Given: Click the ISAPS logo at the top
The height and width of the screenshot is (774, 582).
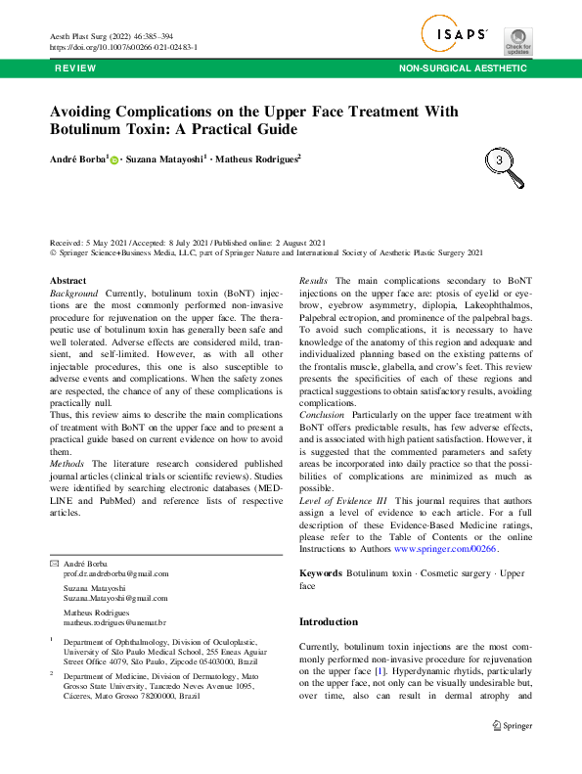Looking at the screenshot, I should point(456,34).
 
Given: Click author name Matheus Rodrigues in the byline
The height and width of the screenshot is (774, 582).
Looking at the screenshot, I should point(256,159).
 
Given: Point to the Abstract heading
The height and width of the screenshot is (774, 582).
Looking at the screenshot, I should point(67,281).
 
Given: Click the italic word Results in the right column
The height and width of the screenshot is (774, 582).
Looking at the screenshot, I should point(313,281).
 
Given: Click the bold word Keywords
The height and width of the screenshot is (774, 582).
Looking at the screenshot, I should point(320,572).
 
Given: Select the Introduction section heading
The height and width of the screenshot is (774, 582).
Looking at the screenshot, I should point(329,621).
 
